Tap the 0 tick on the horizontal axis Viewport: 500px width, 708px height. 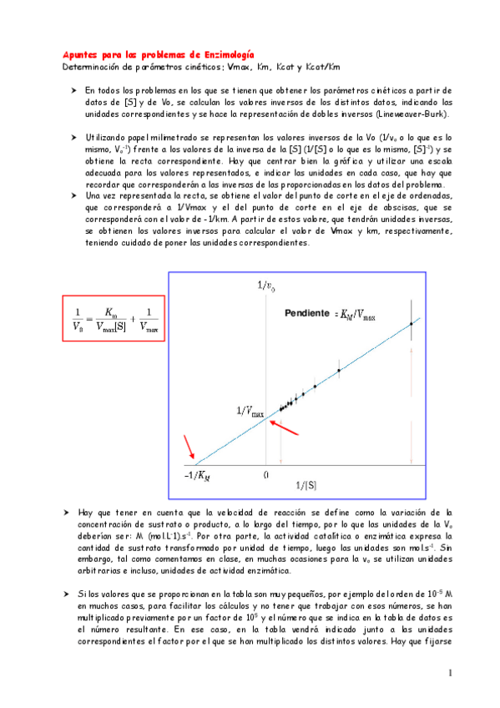point(265,474)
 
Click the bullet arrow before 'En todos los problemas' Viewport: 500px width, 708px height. point(73,88)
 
